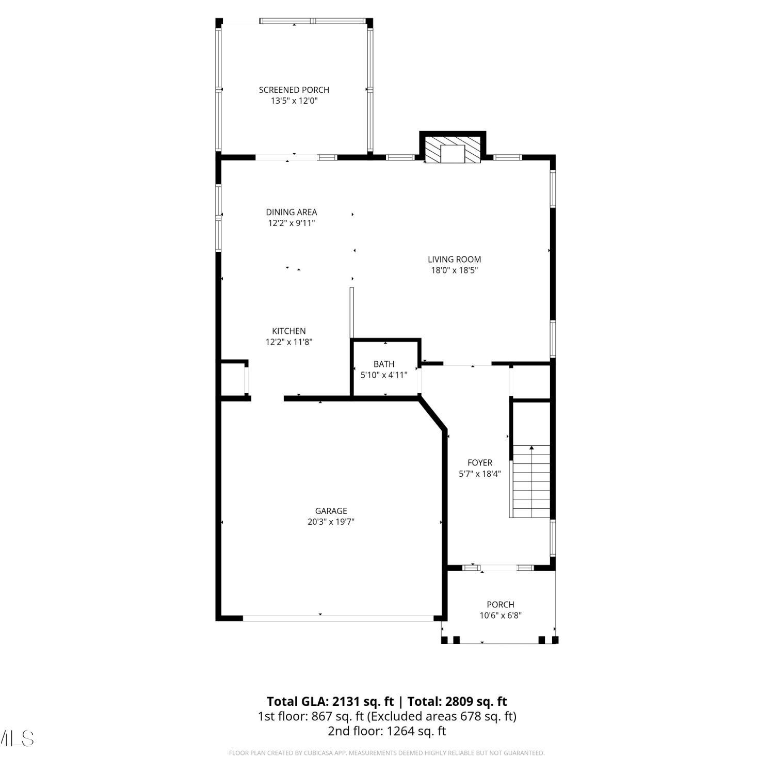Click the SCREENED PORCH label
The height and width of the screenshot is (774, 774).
click(x=294, y=90)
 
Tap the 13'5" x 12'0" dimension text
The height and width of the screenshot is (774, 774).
click(x=294, y=101)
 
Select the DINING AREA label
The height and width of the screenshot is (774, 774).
click(x=292, y=212)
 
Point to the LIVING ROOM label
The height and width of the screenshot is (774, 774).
click(x=455, y=260)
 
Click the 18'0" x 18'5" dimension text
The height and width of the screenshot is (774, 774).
click(x=455, y=270)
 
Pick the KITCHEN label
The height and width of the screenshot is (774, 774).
click(x=289, y=331)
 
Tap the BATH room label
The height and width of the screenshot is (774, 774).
click(x=384, y=364)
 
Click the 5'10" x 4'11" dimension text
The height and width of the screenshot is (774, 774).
click(x=384, y=375)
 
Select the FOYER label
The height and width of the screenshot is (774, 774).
click(x=480, y=463)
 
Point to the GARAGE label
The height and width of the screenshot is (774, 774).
click(x=331, y=511)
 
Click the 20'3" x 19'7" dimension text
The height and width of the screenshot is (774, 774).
click(x=331, y=522)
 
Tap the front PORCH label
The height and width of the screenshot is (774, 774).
click(x=501, y=604)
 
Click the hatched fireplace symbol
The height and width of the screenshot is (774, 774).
click(x=453, y=150)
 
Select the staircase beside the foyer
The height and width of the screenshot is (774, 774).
click(x=531, y=481)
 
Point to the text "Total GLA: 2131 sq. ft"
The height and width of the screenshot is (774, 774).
click(x=330, y=702)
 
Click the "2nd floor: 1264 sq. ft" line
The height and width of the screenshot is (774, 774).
click(x=387, y=731)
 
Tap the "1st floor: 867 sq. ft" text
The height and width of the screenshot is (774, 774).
click(x=312, y=716)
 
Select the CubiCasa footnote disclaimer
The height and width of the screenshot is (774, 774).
click(x=387, y=753)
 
